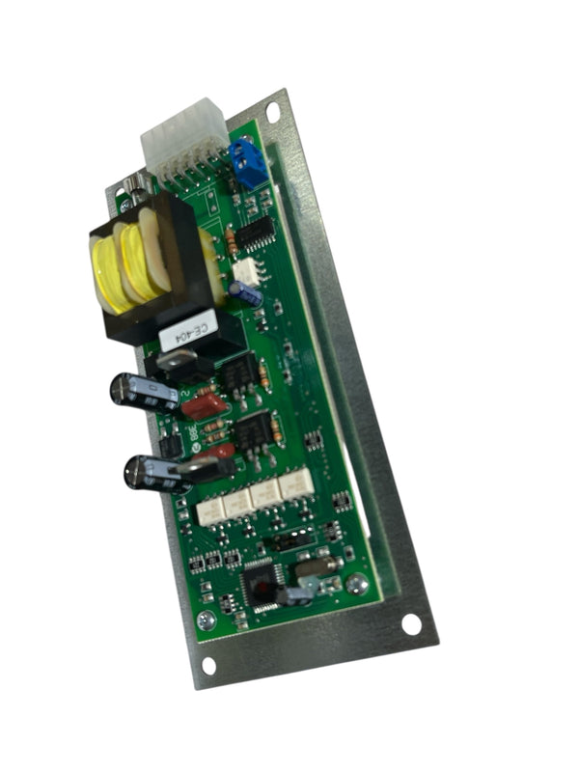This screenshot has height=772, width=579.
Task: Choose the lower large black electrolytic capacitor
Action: coord(147,472)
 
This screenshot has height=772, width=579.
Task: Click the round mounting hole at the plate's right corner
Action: coord(411,624)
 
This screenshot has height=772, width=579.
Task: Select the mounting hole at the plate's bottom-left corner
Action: coord(207,667)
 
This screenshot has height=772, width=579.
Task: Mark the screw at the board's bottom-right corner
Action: coord(357,583)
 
